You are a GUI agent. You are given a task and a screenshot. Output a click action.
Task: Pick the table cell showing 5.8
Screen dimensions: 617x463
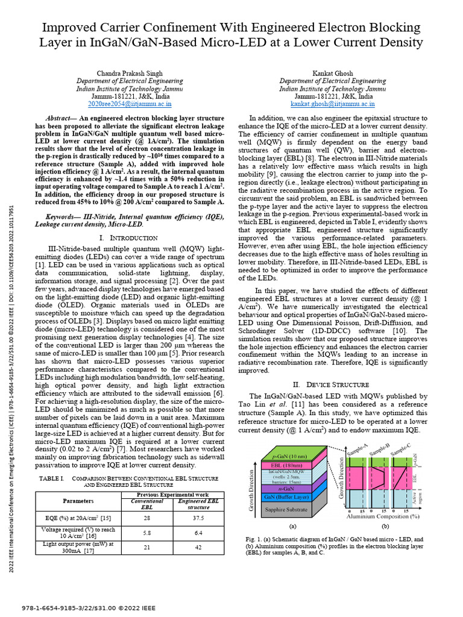147,533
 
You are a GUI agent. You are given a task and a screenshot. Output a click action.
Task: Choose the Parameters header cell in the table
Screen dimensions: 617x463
78,501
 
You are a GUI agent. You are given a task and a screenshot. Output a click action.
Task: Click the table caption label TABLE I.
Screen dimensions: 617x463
52,478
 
